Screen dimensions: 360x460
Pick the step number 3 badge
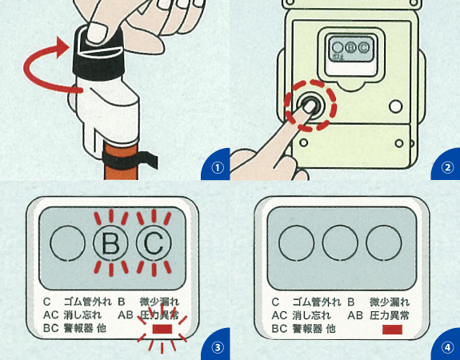[216, 346]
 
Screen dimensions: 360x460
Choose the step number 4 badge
[447, 346]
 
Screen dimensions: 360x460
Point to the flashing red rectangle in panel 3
[163, 328]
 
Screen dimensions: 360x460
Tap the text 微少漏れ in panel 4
[390, 302]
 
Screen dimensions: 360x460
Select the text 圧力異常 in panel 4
[390, 315]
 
